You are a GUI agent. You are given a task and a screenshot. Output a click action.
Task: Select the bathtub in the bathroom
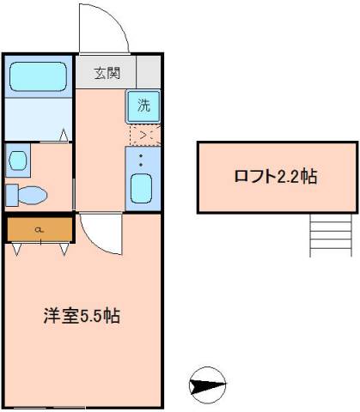pos(39,76)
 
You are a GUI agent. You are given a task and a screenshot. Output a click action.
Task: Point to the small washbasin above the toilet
pos(17,160)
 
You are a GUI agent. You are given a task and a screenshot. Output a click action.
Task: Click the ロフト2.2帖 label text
pos(276,177)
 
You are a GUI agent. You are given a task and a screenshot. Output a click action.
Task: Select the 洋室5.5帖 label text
pos(82,315)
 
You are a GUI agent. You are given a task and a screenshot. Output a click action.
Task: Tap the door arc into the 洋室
pos(101,233)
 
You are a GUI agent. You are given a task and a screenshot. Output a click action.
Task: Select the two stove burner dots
pos(143,159)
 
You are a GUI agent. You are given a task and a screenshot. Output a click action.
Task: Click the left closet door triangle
pos(18,249)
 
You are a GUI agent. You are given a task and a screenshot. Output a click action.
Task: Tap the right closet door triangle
pos(64,249)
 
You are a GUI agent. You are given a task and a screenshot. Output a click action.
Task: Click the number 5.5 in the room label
pos(91,315)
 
